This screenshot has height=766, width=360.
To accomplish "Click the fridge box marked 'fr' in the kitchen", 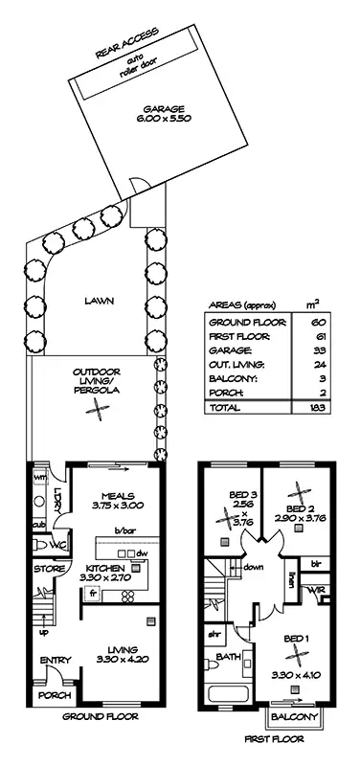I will click(x=94, y=593).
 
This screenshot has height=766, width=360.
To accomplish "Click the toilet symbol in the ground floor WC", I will click(x=39, y=545).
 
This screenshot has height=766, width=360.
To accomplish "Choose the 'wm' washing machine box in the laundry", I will click(x=40, y=476).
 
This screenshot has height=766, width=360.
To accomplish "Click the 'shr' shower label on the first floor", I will click(x=216, y=633).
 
